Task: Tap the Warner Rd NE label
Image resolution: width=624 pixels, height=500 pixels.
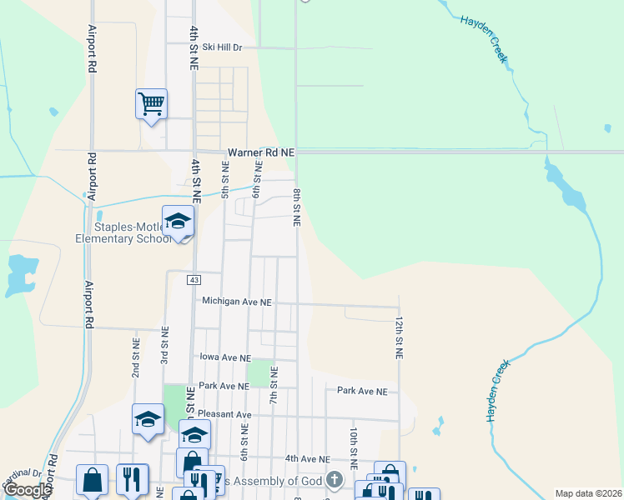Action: point(262,152)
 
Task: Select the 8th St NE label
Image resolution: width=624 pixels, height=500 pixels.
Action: point(296,207)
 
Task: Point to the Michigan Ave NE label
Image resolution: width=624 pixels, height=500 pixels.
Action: point(237,302)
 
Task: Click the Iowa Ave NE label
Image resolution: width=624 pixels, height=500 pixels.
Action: point(225,357)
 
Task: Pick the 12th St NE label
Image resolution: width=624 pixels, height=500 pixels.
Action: point(400,337)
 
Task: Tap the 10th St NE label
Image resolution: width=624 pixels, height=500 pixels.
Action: point(354,447)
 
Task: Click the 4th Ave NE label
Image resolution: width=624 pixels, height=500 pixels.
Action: point(308,458)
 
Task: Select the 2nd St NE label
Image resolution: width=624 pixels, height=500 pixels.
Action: point(135,357)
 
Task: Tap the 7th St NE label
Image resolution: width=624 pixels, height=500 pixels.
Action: point(273,382)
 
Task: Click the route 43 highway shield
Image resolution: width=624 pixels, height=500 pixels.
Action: point(194,280)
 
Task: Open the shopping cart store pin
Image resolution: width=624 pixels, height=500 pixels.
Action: point(151,104)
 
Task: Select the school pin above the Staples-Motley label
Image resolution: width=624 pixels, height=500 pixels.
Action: point(178,222)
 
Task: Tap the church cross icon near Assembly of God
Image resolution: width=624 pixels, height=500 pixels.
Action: point(335,480)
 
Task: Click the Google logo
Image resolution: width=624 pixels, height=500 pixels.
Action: point(28,490)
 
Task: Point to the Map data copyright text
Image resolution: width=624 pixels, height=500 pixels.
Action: point(588,493)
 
